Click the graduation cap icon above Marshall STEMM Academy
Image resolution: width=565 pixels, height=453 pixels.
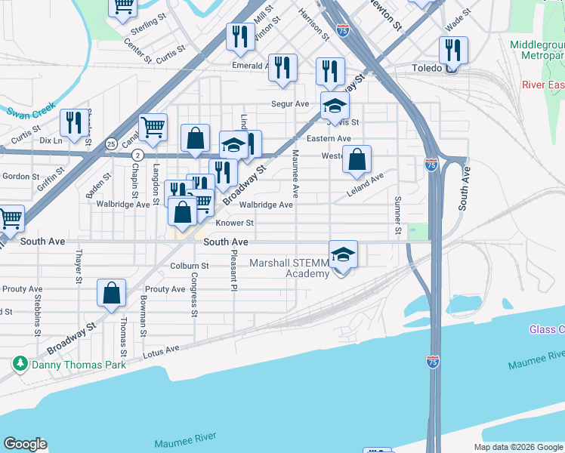(x=343, y=254)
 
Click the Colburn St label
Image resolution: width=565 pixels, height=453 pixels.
(x=190, y=266)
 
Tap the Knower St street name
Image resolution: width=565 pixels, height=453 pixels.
(x=234, y=223)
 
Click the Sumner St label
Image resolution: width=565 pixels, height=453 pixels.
(x=397, y=214)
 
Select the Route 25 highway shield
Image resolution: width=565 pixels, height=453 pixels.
(x=111, y=143)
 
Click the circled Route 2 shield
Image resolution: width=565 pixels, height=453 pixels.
(x=137, y=155)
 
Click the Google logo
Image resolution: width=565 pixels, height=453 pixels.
(x=24, y=444)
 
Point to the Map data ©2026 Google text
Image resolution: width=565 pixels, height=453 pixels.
(x=518, y=447)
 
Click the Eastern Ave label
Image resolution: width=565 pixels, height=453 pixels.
(x=329, y=139)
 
